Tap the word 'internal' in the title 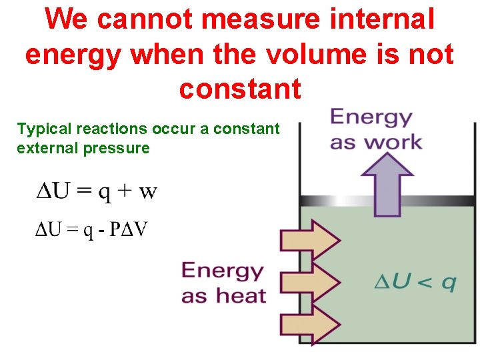point(379,20)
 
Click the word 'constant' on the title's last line point(240,88)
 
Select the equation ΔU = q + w point(96,192)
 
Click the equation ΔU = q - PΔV point(92,231)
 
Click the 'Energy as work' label point(375,130)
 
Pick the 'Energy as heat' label point(224,283)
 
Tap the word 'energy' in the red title point(74,55)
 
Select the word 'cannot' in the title point(144,20)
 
